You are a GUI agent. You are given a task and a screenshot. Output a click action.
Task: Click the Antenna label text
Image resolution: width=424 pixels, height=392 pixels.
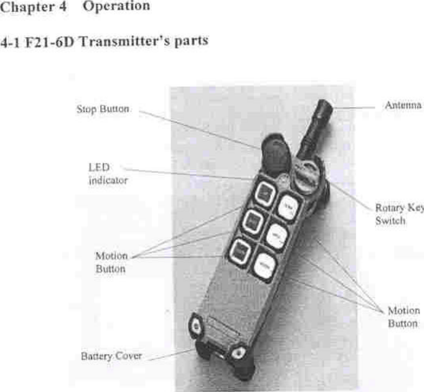[x=403, y=105]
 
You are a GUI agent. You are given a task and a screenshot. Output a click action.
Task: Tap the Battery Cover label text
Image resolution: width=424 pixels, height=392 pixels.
[x=112, y=356]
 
